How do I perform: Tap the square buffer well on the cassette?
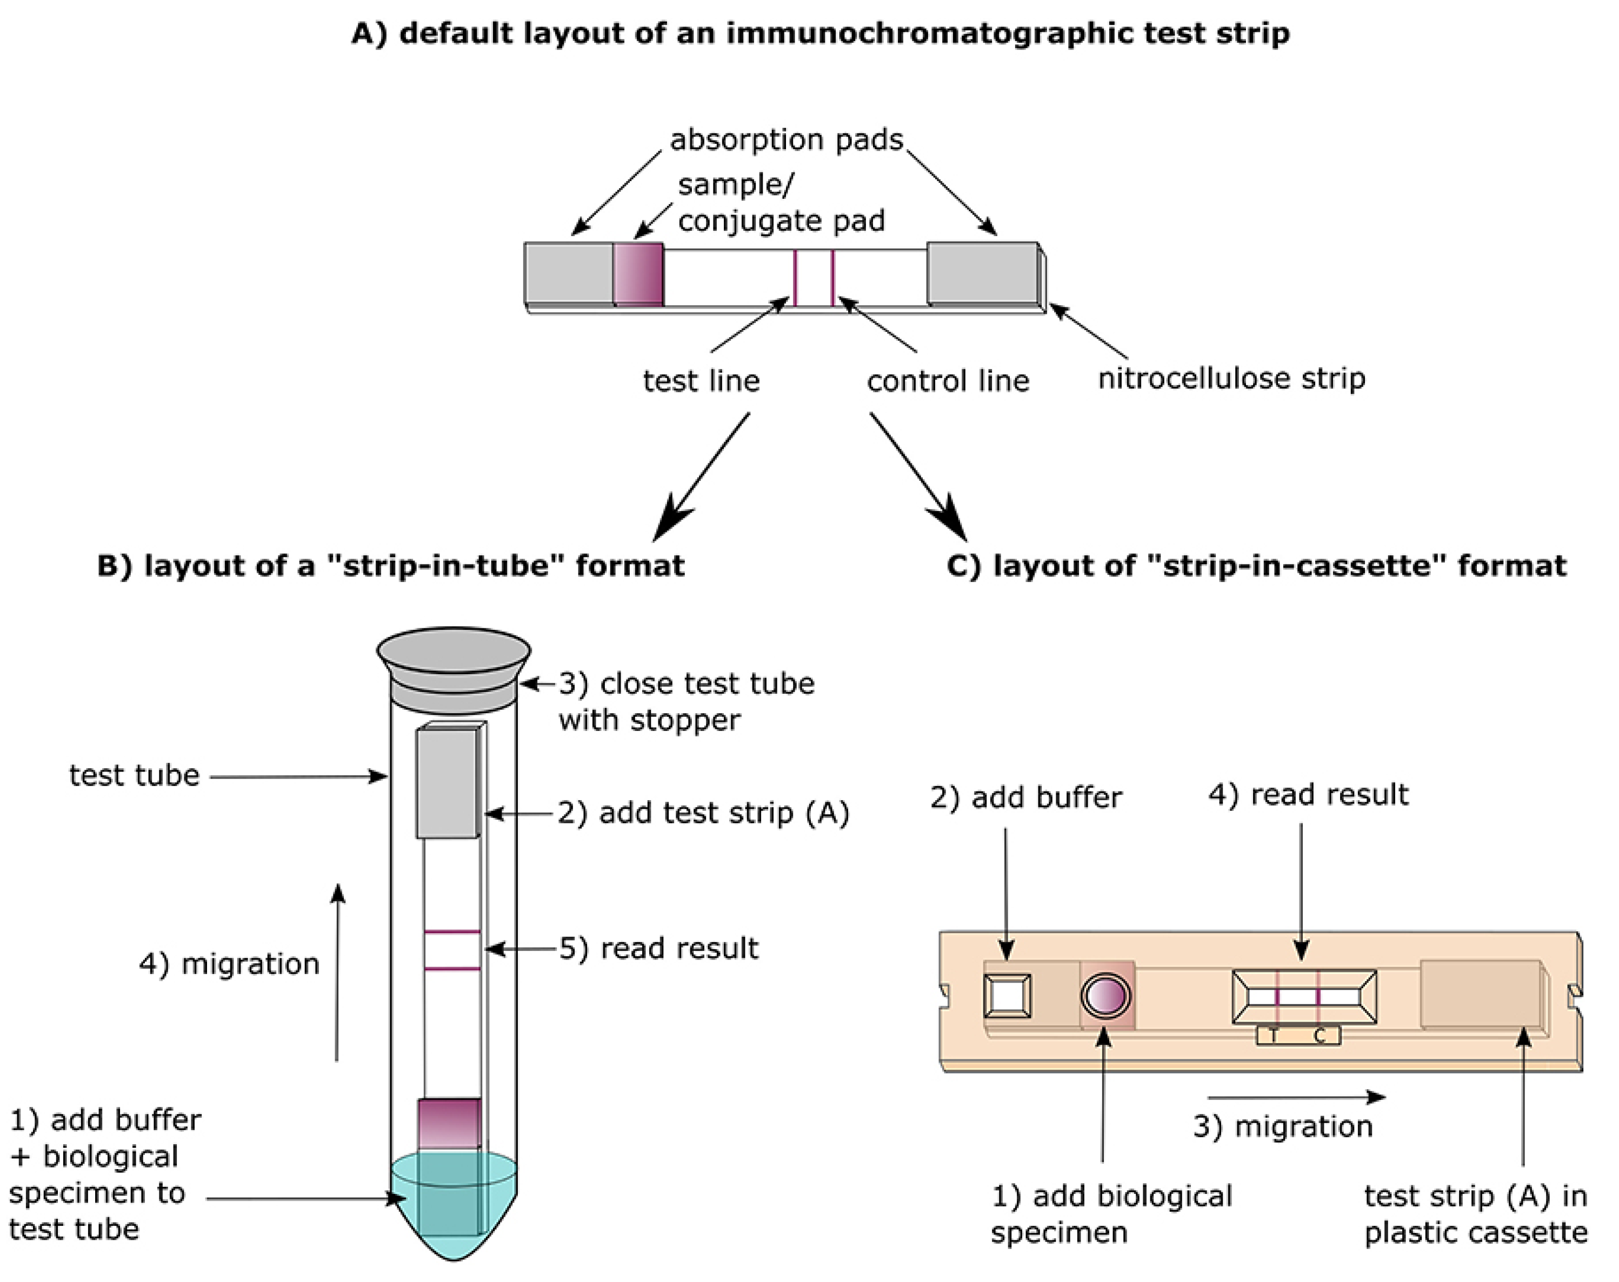tap(1008, 996)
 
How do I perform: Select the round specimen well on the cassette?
tap(1105, 995)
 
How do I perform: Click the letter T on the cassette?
tap(1273, 1036)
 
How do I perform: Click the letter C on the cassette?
tap(1320, 1036)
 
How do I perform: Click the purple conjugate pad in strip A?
tap(638, 274)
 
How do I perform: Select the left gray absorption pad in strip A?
tap(569, 274)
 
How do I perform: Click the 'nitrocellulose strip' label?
tap(1231, 378)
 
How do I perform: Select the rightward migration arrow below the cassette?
tap(1297, 1097)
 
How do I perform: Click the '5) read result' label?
tap(658, 948)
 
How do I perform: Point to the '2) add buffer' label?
tap(1026, 797)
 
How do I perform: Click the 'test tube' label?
tap(135, 775)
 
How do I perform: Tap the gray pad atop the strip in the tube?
tap(448, 783)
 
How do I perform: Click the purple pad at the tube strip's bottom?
tap(449, 1124)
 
